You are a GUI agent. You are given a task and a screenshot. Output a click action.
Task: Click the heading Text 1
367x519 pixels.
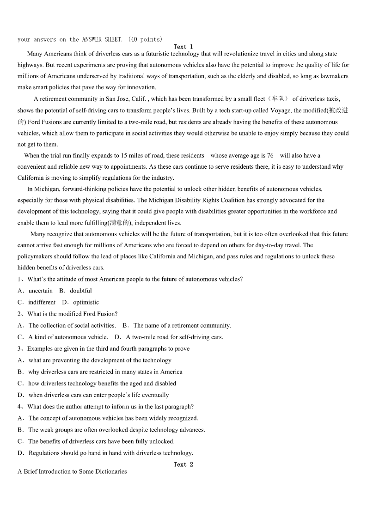point(183,47)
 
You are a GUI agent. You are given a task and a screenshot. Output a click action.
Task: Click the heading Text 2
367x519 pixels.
point(183,464)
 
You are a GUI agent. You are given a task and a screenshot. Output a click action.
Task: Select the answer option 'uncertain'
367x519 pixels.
point(40,291)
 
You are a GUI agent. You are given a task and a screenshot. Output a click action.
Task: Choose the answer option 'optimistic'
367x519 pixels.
point(86,302)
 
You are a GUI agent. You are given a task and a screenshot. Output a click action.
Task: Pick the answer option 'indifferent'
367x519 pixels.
point(42,302)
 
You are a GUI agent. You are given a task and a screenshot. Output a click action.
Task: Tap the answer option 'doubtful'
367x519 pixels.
point(81,291)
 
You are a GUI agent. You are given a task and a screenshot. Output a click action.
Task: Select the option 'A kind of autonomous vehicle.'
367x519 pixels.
point(68,337)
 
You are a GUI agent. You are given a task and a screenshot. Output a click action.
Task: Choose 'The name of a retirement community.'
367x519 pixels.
point(182,325)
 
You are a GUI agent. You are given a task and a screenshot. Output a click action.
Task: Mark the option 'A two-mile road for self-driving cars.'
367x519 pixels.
point(174,337)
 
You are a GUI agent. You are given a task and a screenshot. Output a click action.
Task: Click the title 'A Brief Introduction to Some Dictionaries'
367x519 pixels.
point(72,472)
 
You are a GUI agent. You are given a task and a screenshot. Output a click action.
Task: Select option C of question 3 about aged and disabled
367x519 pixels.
point(102,383)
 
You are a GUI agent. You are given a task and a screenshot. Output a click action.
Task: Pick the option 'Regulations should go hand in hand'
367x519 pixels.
point(110,453)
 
